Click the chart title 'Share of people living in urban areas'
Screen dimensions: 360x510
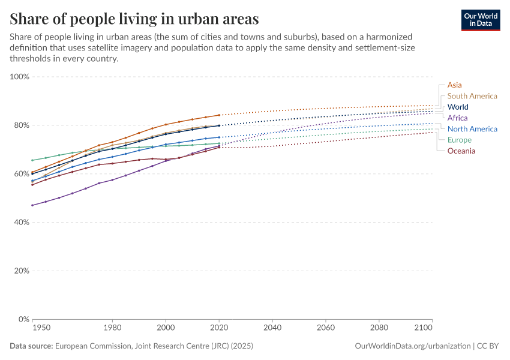(x=134, y=18)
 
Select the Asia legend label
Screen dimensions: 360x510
(x=454, y=85)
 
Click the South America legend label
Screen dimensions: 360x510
(x=472, y=96)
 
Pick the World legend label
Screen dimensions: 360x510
(x=458, y=107)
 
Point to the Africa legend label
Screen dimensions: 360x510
(x=457, y=118)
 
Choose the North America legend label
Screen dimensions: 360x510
(x=472, y=129)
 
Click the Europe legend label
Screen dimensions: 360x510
(x=460, y=140)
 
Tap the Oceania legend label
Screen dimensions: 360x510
(x=461, y=151)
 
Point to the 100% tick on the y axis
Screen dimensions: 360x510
(x=20, y=77)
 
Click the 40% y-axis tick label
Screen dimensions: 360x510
(x=22, y=223)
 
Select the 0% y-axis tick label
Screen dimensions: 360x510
(x=23, y=319)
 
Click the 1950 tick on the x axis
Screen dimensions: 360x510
(x=41, y=328)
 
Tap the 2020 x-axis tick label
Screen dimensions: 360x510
(x=219, y=328)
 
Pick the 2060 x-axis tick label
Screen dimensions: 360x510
(x=326, y=328)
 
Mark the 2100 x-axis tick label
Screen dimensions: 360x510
(x=424, y=328)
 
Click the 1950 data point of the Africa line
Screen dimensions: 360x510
(x=32, y=205)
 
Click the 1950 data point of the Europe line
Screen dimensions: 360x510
(x=32, y=160)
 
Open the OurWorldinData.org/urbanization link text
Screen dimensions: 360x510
(x=412, y=346)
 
